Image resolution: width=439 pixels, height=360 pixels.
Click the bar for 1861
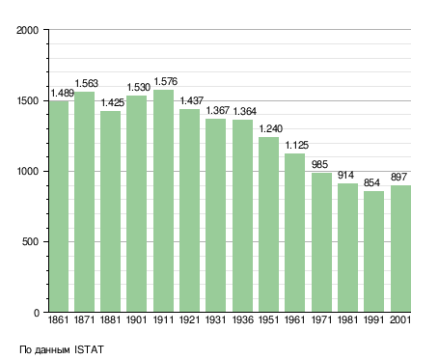[59, 207]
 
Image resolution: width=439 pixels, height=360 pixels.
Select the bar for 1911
[163, 201]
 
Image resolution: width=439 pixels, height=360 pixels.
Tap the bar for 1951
[268, 225]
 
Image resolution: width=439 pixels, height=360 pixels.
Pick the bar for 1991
[373, 252]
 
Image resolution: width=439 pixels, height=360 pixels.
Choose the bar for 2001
[400, 249]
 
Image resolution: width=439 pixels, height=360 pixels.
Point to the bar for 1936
[242, 216]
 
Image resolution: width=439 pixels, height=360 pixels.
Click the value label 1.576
[166, 82]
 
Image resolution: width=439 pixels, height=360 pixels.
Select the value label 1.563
[87, 84]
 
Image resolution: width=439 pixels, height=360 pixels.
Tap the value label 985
[319, 165]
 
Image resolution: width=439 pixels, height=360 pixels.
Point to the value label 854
[371, 183]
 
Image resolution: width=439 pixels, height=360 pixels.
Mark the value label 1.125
[297, 146]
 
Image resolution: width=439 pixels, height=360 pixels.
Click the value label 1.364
[244, 112]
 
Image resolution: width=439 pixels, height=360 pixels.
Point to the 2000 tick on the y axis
[28, 30]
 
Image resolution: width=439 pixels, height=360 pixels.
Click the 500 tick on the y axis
[31, 242]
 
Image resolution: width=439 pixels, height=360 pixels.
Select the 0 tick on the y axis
[37, 313]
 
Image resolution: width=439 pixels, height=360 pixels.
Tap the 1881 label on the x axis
[110, 320]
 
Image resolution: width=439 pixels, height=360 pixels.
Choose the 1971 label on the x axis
[321, 320]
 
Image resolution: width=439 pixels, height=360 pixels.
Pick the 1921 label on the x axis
[189, 320]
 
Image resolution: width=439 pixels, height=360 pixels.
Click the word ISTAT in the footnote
[89, 349]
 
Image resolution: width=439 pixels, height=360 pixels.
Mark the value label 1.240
[271, 129]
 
